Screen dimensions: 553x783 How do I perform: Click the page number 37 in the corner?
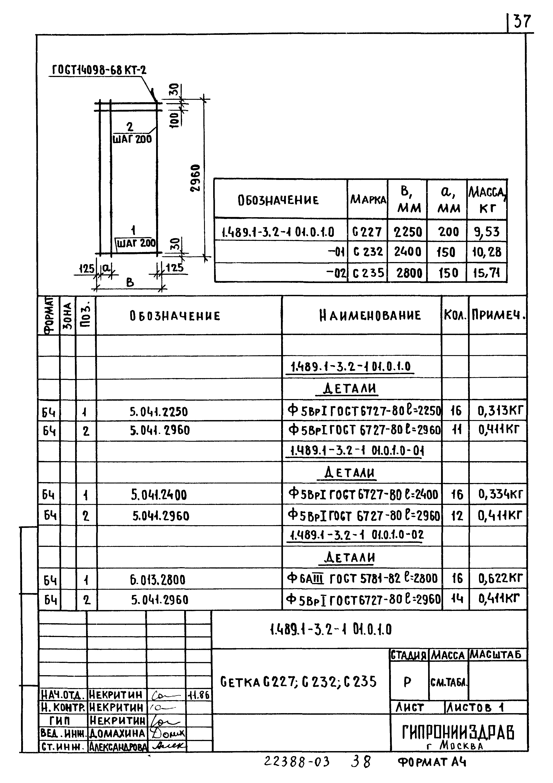coord(522,21)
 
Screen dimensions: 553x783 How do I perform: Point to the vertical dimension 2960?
coord(195,178)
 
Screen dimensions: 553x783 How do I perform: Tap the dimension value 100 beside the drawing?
coord(174,120)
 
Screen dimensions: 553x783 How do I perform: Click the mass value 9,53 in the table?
coord(487,232)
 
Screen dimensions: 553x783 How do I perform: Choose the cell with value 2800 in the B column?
coord(409,273)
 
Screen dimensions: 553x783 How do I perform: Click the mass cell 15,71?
coord(486,273)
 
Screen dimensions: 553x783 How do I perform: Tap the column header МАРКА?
coord(368,200)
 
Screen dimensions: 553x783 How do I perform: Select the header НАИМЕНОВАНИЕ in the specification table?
coord(370,315)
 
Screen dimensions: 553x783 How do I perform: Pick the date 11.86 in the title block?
coord(199,695)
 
